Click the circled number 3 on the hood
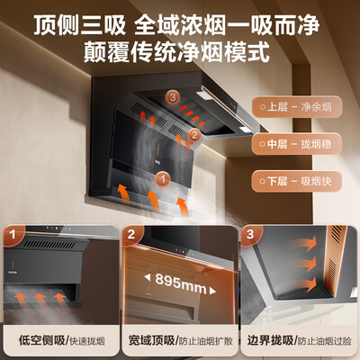tap(172, 97)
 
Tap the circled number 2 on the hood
tap(192, 136)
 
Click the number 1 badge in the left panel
tap(13, 238)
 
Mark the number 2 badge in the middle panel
tap(131, 238)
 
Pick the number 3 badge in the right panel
tap(250, 238)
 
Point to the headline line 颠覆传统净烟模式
tap(181, 49)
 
